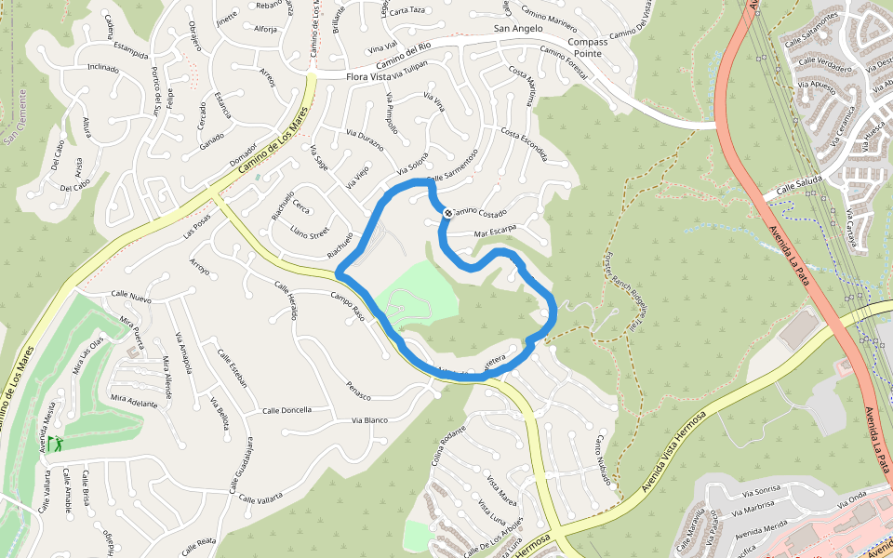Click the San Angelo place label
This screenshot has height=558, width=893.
tap(517, 29)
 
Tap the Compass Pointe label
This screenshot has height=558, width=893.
tap(587, 48)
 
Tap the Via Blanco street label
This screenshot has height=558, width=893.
tap(369, 420)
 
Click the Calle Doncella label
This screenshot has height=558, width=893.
tap(287, 410)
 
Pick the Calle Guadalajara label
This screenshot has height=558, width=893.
tap(241, 465)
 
